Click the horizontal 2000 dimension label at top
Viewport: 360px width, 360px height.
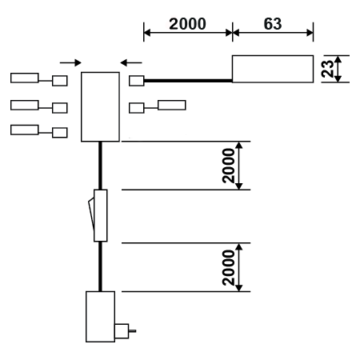pyautogui.click(x=187, y=24)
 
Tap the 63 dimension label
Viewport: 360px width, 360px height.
pyautogui.click(x=273, y=24)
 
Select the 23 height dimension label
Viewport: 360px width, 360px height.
pyautogui.click(x=328, y=69)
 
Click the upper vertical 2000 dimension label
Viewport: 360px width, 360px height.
pyautogui.click(x=228, y=166)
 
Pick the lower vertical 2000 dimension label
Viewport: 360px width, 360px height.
pyautogui.click(x=228, y=267)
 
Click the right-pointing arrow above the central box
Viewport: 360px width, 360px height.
pyautogui.click(x=70, y=63)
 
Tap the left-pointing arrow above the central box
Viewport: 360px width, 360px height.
pyautogui.click(x=131, y=63)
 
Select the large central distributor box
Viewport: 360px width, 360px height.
pyautogui.click(x=100, y=106)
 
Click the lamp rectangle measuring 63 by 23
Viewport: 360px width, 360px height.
pyautogui.click(x=273, y=69)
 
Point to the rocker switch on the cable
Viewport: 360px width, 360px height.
pyautogui.click(x=98, y=215)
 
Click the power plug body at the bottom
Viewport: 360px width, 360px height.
pyautogui.click(x=100, y=317)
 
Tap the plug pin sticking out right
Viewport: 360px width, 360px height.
pyautogui.click(x=132, y=331)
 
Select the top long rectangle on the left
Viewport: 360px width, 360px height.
pyautogui.click(x=25, y=78)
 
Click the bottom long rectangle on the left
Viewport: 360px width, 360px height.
pyautogui.click(x=25, y=130)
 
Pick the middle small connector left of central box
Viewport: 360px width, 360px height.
pyautogui.click(x=60, y=108)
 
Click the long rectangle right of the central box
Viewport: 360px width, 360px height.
pyautogui.click(x=172, y=105)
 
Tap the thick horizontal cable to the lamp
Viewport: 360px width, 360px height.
pyautogui.click(x=188, y=81)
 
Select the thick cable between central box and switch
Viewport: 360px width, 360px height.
pyautogui.click(x=100, y=166)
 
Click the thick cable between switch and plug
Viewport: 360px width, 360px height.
pyautogui.click(x=100, y=266)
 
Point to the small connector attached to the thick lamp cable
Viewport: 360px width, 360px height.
pyautogui.click(x=137, y=81)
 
